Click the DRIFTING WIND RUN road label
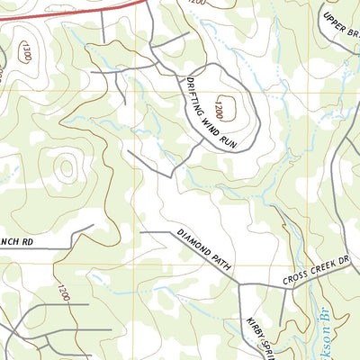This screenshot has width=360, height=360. (x=210, y=115)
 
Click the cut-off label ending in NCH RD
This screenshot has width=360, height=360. (x=16, y=241)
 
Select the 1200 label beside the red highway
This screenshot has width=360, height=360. (x=196, y=4)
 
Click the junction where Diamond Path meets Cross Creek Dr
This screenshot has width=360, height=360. (x=240, y=285)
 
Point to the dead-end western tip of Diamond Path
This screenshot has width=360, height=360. (x=141, y=232)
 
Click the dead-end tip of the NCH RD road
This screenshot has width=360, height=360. (x=70, y=246)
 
